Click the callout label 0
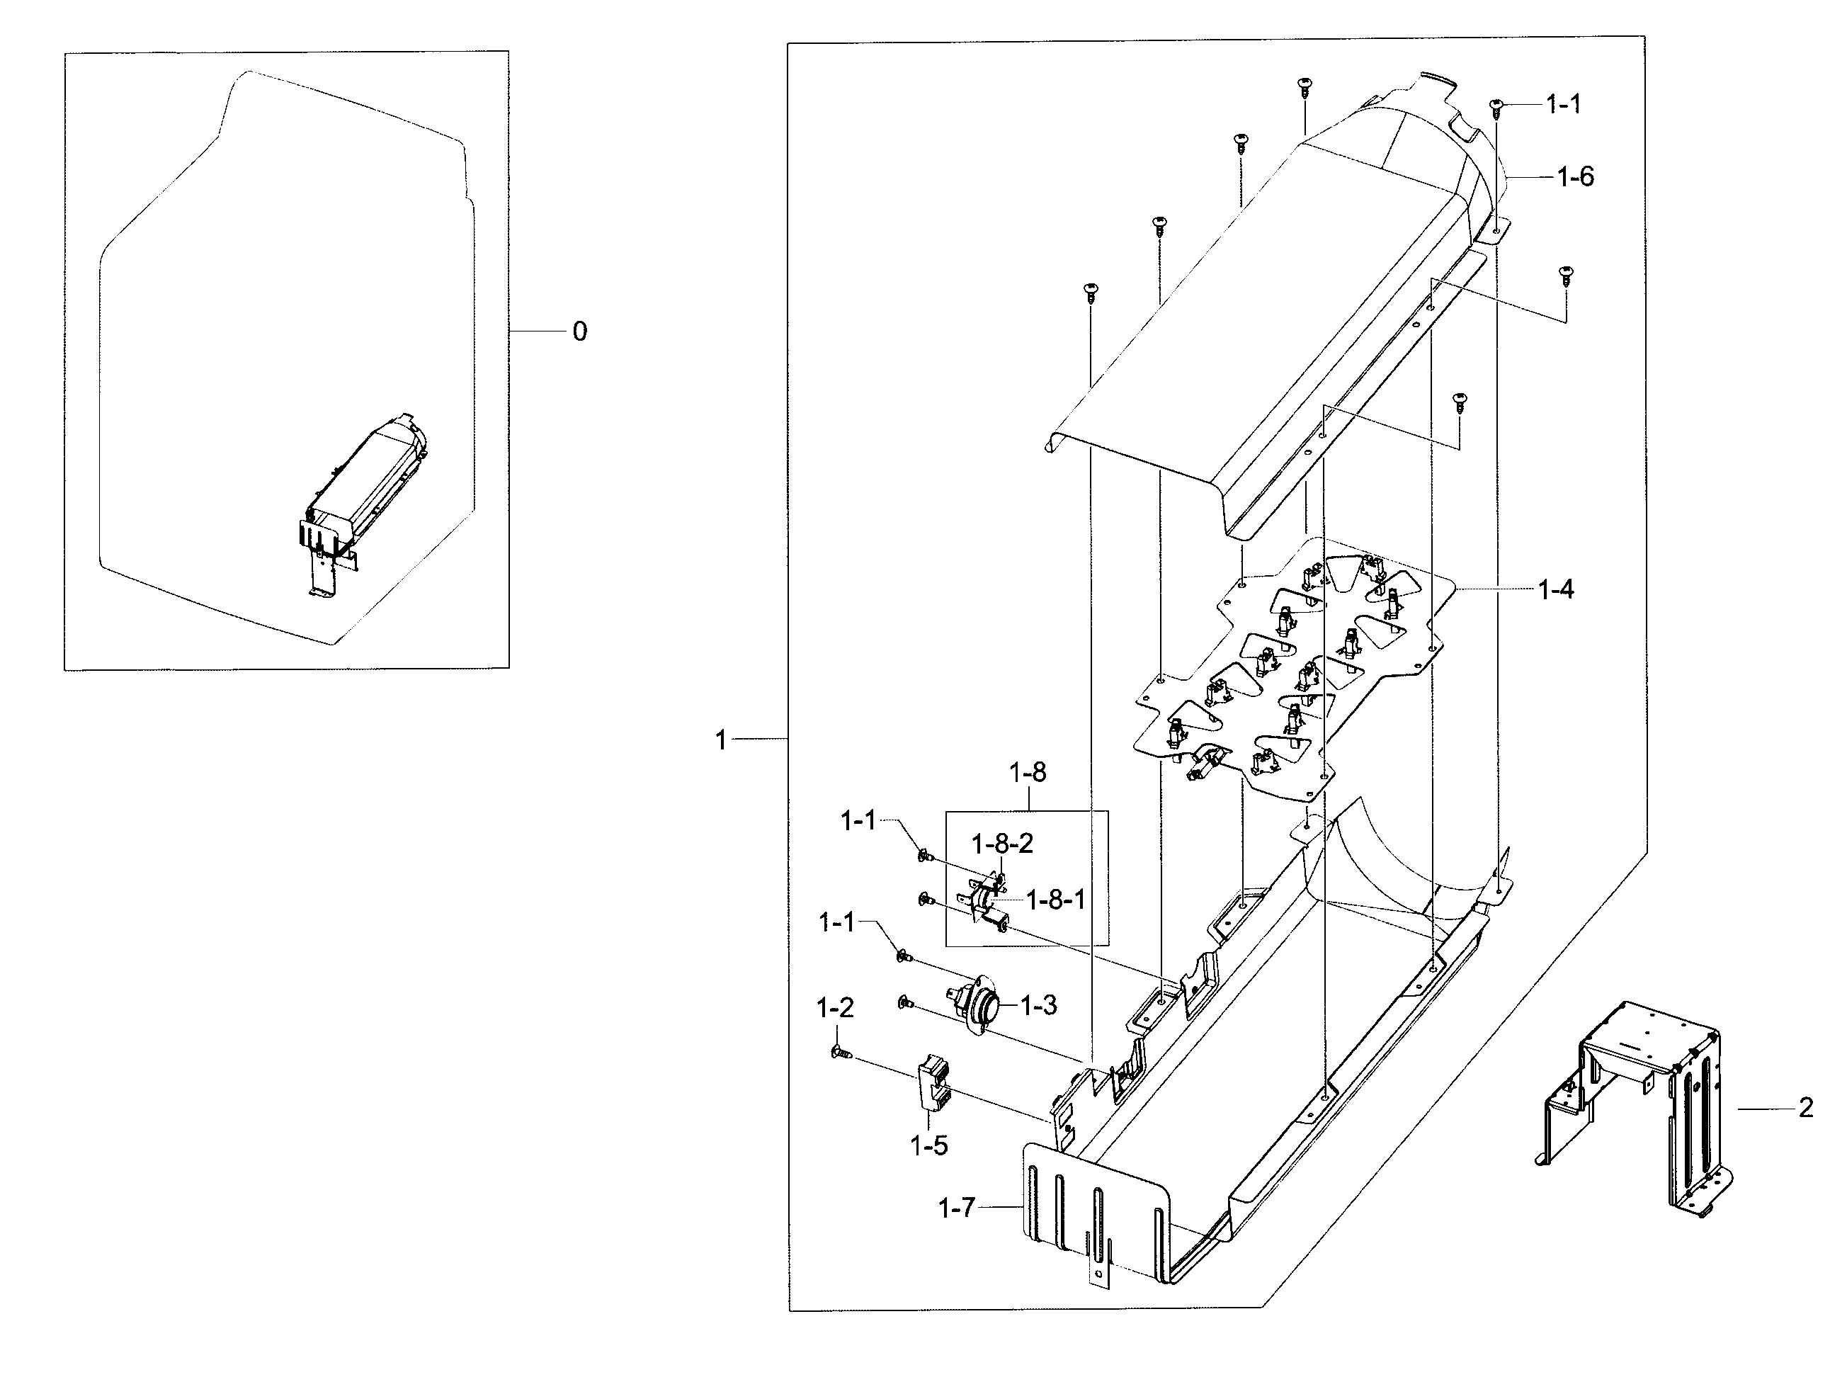[579, 332]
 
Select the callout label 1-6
[1575, 177]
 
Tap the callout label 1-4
[1556, 590]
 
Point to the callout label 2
[1805, 1109]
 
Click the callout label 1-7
[956, 1208]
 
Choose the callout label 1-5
[928, 1145]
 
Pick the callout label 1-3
[1039, 1005]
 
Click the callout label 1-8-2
[1001, 844]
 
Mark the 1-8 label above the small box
[1027, 772]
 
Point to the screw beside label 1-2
[840, 1056]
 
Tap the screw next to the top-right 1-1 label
[1496, 106]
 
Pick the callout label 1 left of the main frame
[722, 740]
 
